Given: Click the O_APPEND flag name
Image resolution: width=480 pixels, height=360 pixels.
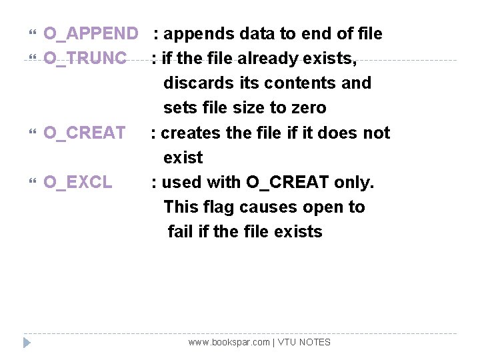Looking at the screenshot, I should point(91,33).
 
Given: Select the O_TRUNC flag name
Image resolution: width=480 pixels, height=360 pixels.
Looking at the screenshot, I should point(85,59).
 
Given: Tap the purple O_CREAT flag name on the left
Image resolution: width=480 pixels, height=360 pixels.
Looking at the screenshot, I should point(85,133).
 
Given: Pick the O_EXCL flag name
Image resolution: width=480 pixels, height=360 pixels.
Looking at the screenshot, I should point(78,182).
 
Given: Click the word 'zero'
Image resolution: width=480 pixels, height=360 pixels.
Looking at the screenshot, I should point(307,108).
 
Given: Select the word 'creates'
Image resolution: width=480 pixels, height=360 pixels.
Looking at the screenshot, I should point(191,133).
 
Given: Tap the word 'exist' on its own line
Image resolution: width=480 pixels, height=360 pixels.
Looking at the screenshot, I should point(183,158).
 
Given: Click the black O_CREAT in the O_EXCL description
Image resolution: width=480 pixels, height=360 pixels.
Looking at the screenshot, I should point(287,182).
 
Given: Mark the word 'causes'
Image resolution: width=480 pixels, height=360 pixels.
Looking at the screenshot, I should point(269,207).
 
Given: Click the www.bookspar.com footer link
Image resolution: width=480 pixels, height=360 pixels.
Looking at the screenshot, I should point(229,342).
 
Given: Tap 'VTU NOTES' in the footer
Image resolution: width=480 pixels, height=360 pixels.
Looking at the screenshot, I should point(305,342).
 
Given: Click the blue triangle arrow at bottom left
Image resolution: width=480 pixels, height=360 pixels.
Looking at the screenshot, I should point(26,343).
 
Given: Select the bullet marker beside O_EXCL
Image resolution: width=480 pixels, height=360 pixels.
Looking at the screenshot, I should point(35,183).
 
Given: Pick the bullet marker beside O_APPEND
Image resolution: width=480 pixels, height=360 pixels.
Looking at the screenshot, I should point(35,34).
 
